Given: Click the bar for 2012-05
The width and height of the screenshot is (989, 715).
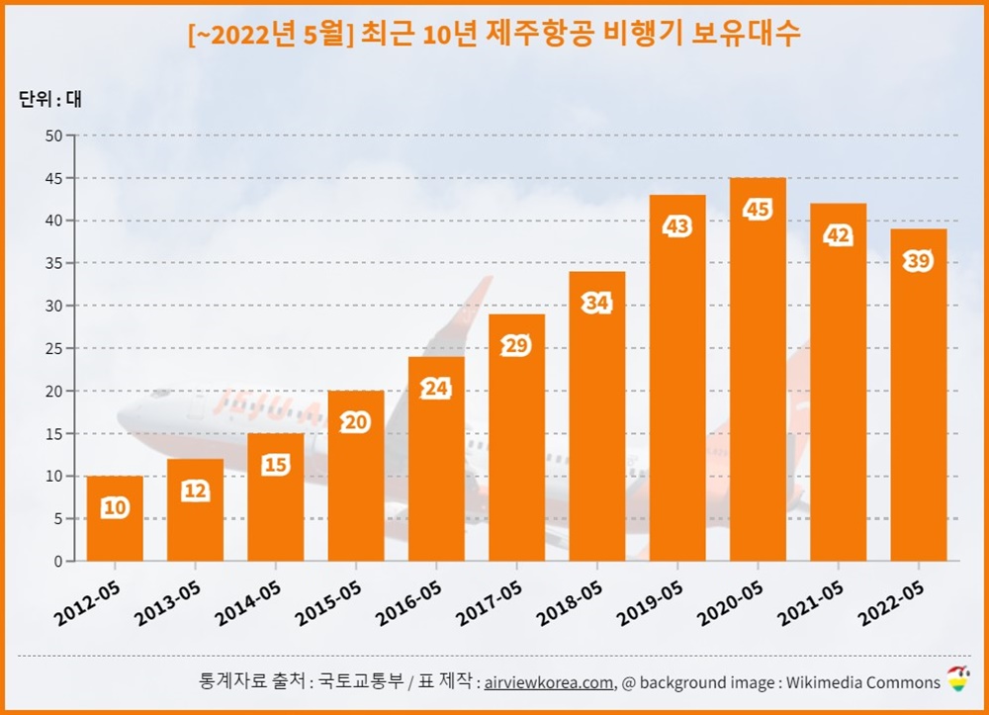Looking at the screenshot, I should pos(115,519).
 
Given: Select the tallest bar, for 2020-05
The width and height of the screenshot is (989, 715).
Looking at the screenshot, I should pos(758,371).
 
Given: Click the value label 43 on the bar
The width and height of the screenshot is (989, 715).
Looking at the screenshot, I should pos(677,226).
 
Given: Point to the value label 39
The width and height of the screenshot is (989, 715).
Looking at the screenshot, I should pos(918,261).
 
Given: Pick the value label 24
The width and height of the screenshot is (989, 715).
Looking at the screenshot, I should pos(436,389).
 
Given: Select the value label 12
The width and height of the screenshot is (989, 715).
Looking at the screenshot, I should pos(195,491).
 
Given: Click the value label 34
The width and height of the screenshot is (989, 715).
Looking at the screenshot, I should pos(596,304).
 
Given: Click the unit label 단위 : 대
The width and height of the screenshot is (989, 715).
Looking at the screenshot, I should pos(50,99).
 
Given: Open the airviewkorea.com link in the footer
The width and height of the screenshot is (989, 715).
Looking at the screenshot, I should pos(548,682).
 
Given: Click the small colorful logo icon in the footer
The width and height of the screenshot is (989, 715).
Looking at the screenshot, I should pos(957,679).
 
